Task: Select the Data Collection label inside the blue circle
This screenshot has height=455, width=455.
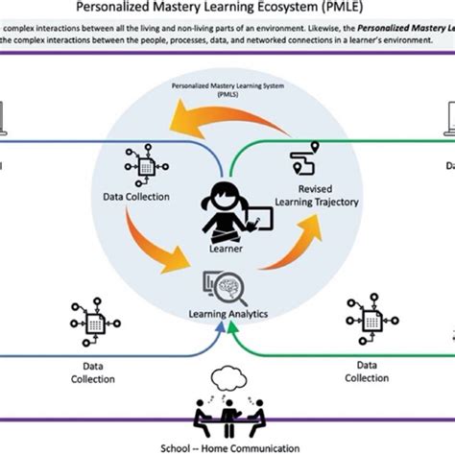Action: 135,197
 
